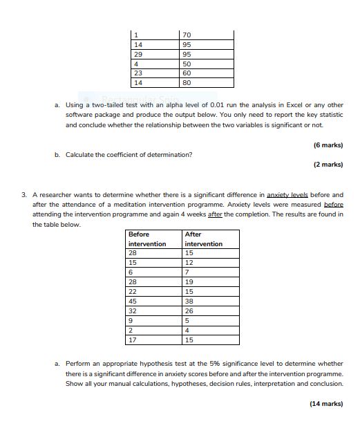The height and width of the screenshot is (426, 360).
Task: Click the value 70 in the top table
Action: tap(187, 34)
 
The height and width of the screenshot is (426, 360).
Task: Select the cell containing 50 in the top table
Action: tap(187, 63)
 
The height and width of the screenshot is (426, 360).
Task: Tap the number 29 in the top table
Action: tap(138, 53)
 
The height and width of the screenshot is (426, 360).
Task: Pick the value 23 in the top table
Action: tap(138, 73)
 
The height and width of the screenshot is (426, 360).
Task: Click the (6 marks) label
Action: tap(328, 145)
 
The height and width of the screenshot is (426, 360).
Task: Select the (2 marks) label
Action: tap(328, 165)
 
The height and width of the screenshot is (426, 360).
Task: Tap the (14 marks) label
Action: tap(326, 403)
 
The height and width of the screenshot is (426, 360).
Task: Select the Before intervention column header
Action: tap(147, 239)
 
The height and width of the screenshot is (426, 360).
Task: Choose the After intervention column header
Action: tap(204, 239)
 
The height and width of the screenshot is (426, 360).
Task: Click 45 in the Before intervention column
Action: tap(133, 302)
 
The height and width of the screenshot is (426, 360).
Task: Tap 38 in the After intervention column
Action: tap(189, 302)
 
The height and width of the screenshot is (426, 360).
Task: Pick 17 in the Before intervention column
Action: tap(133, 340)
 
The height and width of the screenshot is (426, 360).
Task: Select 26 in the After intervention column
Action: tap(189, 311)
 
